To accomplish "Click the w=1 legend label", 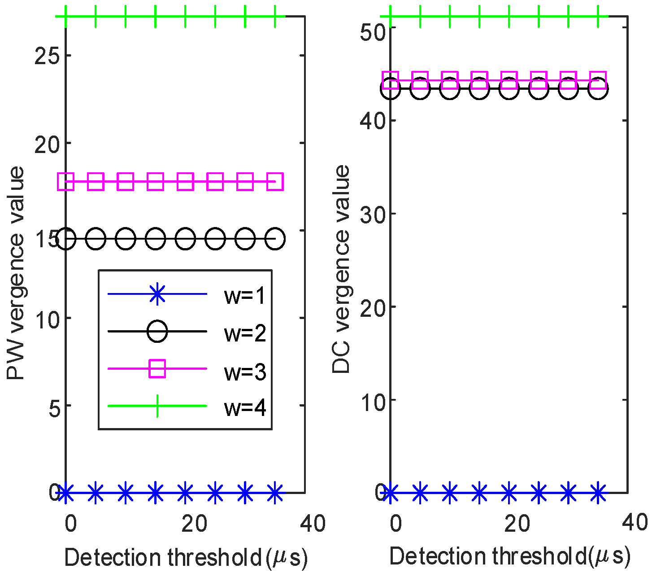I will coord(245,296).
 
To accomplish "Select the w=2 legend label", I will coord(245,333).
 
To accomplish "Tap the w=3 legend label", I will coord(245,371).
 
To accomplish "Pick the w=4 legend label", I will coord(245,408).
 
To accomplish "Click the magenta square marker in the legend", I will coord(157,369).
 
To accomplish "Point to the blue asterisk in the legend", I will coord(157,294).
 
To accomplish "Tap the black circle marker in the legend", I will coord(157,332).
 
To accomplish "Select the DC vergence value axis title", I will coord(341,269).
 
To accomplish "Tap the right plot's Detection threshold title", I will coord(510,557).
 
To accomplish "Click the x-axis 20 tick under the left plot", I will coord(194,524).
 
